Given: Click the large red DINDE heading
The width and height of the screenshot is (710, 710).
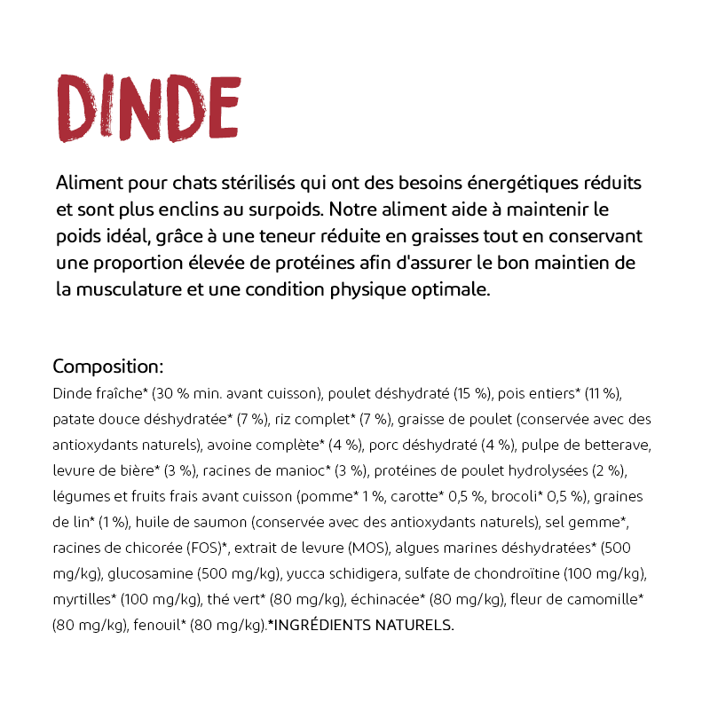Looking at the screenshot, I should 148,107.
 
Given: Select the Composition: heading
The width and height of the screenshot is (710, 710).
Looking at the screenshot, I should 107,367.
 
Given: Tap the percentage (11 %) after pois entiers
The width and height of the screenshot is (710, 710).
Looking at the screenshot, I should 605,392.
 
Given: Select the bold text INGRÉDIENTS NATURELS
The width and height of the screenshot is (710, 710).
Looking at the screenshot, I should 362,625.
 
